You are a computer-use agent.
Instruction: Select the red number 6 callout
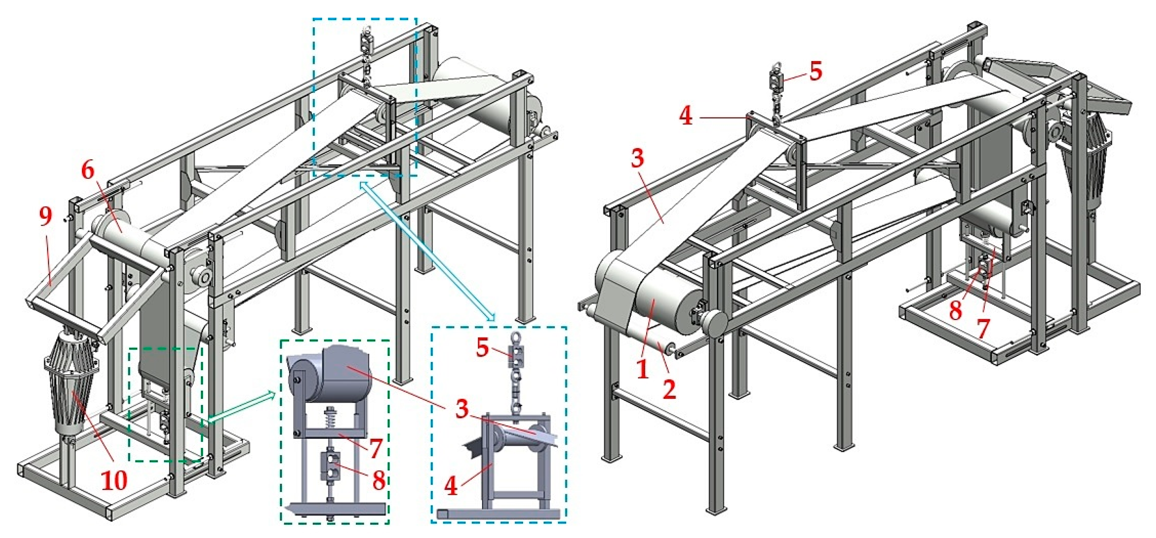click(x=88, y=171)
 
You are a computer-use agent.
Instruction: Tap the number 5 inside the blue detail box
click(x=483, y=348)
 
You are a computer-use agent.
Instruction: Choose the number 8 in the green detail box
click(x=379, y=481)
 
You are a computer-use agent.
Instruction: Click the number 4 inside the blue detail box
click(x=451, y=486)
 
